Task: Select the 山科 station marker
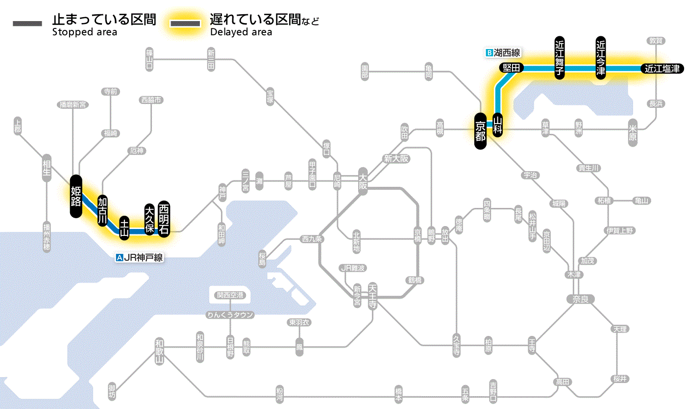pyautogui.click(x=498, y=125)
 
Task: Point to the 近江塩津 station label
pyautogui.click(x=662, y=69)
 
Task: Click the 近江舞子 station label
pyautogui.click(x=560, y=57)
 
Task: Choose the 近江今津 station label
pyautogui.click(x=601, y=57)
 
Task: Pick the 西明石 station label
pyautogui.click(x=164, y=219)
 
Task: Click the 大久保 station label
pyautogui.click(x=149, y=219)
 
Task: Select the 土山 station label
pyautogui.click(x=125, y=228)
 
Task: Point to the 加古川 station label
pyautogui.click(x=102, y=210)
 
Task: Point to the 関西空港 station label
pyautogui.click(x=230, y=295)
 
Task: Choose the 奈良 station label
pyautogui.click(x=580, y=299)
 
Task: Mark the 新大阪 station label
pyautogui.click(x=396, y=159)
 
